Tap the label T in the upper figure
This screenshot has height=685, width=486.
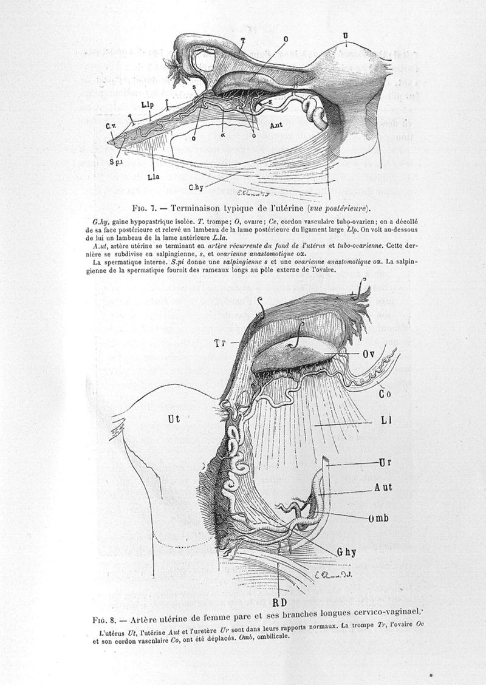point(242,41)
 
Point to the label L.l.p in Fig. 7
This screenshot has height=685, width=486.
point(146,105)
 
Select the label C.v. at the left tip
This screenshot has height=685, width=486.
point(111,126)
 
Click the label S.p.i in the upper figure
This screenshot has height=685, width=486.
point(116,162)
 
